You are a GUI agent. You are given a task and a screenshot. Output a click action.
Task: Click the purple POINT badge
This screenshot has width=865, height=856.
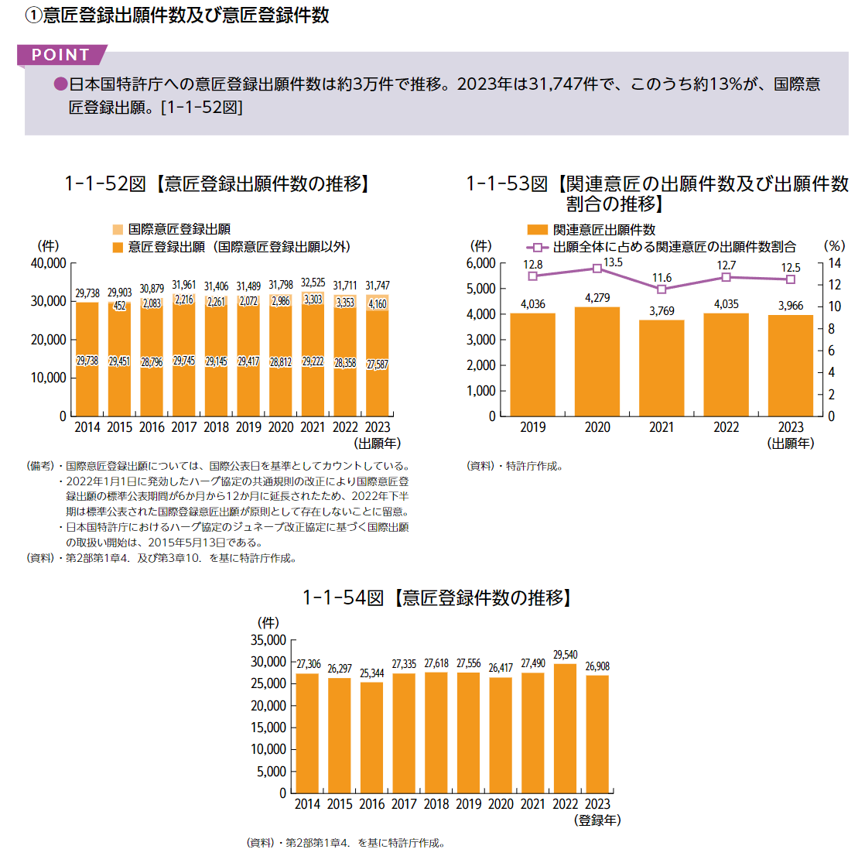[61, 55]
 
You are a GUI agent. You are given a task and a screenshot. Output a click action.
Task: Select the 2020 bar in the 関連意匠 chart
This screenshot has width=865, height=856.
[597, 361]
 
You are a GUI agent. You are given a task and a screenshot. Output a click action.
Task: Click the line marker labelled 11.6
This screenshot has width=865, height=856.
[662, 289]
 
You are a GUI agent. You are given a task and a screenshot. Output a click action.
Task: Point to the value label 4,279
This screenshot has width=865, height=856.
[597, 298]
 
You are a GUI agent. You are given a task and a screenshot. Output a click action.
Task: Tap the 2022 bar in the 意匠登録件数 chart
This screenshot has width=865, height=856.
[566, 728]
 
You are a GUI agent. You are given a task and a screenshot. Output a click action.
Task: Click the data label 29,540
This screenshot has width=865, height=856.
[566, 655]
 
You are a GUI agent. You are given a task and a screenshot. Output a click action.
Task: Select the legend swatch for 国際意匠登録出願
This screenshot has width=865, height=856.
[118, 229]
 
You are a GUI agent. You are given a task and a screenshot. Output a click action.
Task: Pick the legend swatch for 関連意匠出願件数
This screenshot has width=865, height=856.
[537, 230]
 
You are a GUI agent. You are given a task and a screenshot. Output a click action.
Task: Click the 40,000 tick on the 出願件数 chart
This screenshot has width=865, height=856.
[49, 263]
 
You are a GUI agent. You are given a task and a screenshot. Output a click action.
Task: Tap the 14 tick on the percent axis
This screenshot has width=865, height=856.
[834, 263]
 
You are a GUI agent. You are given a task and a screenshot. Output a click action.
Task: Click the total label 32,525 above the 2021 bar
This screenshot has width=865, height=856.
[313, 283]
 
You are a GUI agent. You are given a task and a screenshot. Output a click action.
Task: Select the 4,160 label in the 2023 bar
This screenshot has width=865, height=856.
[378, 303]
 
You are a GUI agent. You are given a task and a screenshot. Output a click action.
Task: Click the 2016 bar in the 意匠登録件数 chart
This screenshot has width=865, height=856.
[372, 737]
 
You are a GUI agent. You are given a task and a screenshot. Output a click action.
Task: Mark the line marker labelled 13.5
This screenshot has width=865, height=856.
[597, 268]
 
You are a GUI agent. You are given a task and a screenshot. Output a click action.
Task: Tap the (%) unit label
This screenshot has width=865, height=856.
[834, 246]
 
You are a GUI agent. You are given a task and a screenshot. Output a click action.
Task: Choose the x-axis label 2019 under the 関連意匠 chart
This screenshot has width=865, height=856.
[533, 427]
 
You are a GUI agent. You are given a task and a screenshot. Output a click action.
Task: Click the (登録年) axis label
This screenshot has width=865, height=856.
[597, 820]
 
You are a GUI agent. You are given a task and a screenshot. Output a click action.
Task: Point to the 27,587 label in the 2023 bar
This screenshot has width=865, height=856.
[378, 365]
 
